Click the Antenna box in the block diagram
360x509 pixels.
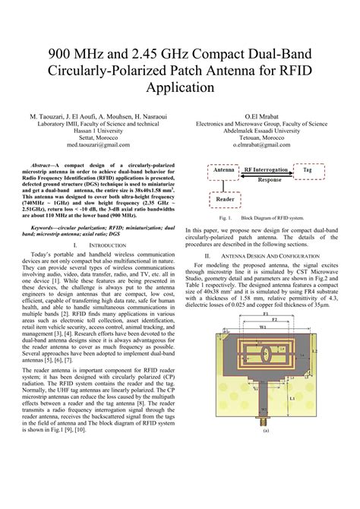(x=223, y=171)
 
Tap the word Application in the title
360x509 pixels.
(x=179, y=87)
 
